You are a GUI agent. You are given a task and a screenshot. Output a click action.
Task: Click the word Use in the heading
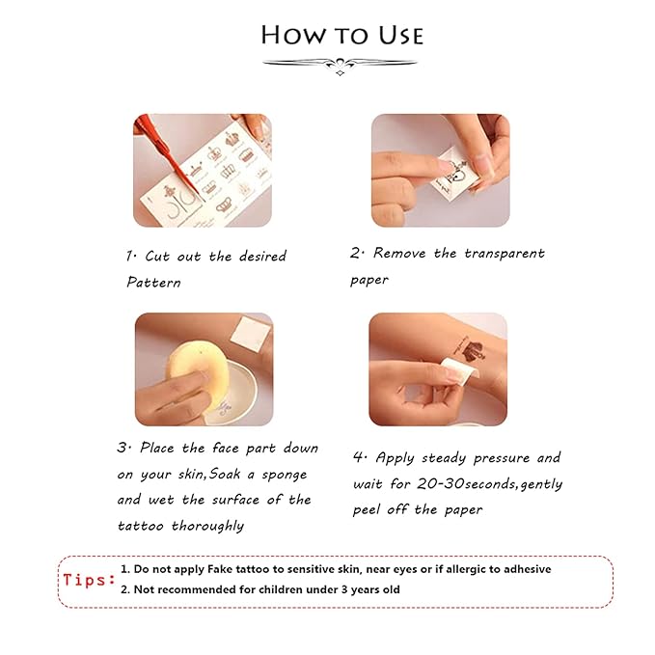point(401,36)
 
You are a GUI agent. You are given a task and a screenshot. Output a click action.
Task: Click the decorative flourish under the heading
point(340,66)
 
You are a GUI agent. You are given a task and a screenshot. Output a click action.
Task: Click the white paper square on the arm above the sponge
point(250,334)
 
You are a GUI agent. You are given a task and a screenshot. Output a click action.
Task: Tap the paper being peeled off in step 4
point(458,368)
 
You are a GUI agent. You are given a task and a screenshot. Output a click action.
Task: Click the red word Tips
point(89,580)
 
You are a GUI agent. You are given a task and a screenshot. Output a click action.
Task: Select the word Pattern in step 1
point(153,282)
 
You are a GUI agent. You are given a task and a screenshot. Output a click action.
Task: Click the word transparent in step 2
point(505,253)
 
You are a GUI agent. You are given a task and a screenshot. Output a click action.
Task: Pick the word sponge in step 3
point(284,475)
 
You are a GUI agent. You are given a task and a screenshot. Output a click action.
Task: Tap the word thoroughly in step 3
point(208,526)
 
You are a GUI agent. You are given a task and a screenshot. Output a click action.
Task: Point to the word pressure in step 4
point(502,458)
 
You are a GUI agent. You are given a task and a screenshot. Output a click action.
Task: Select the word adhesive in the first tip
point(527,569)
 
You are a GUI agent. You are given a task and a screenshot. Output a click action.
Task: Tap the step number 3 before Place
point(123,448)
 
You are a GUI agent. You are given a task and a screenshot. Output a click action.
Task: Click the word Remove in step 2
point(399,253)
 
